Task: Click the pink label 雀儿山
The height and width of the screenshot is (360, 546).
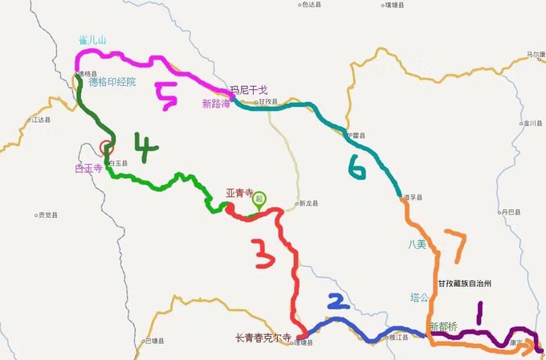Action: pyautogui.click(x=92, y=40)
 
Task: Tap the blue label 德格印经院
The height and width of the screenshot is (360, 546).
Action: pyautogui.click(x=112, y=81)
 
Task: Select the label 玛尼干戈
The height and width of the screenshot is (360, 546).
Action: pyautogui.click(x=247, y=90)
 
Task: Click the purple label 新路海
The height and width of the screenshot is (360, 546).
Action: pyautogui.click(x=216, y=104)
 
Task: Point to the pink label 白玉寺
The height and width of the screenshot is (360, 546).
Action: pyautogui.click(x=89, y=168)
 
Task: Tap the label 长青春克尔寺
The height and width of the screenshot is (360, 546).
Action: pyautogui.click(x=265, y=337)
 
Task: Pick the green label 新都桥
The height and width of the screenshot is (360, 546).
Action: pyautogui.click(x=445, y=326)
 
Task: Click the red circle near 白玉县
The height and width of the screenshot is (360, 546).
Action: pyautogui.click(x=107, y=147)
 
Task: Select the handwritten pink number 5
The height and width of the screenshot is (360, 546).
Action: pyautogui.click(x=167, y=98)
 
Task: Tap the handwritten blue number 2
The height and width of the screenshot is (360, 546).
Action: pyautogui.click(x=337, y=301)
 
